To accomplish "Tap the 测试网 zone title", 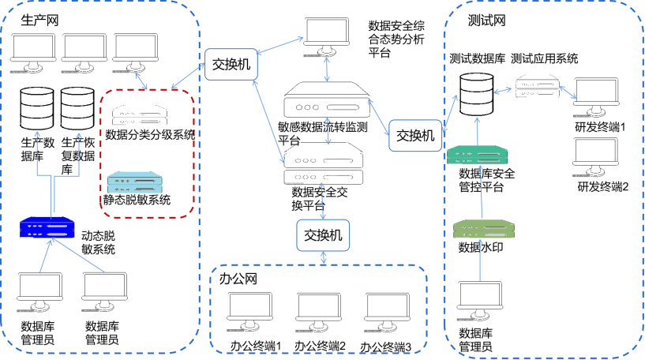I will pos(486,19).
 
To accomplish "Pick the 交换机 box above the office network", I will pos(323,234).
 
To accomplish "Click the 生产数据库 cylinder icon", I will pos(36,107).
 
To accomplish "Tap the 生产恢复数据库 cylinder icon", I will pos(77,107).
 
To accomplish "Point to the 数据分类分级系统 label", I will pos(150,134).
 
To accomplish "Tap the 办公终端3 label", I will pos(386,347).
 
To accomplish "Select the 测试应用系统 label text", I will pos(545,58).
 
